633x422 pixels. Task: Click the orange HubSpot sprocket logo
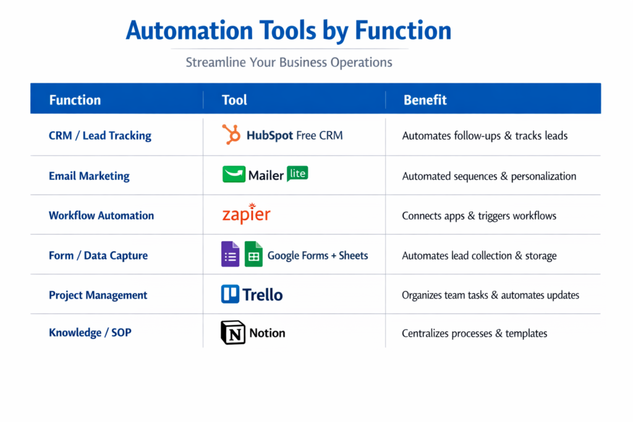click(x=231, y=135)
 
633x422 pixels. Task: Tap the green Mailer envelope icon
click(x=234, y=175)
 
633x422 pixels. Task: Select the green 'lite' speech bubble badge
click(x=297, y=174)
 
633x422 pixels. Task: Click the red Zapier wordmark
click(x=246, y=214)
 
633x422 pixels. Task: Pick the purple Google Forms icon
click(x=230, y=255)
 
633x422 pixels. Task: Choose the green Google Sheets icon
click(x=253, y=255)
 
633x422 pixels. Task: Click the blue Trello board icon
click(x=230, y=294)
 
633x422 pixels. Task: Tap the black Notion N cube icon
click(x=233, y=333)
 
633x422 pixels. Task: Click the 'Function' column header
click(x=75, y=100)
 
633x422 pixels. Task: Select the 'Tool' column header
click(x=234, y=100)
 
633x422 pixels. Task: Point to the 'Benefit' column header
click(x=425, y=100)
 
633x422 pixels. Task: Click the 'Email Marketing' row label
click(x=89, y=176)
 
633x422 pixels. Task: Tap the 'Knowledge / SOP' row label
click(x=90, y=333)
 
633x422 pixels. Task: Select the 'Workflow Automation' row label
click(x=101, y=216)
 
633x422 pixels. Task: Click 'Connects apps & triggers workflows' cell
click(x=479, y=216)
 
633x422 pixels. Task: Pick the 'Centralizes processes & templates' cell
click(x=474, y=334)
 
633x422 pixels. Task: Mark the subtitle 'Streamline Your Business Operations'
click(x=289, y=62)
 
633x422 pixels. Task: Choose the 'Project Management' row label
click(x=98, y=295)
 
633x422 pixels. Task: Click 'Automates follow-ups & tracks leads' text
click(x=485, y=136)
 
